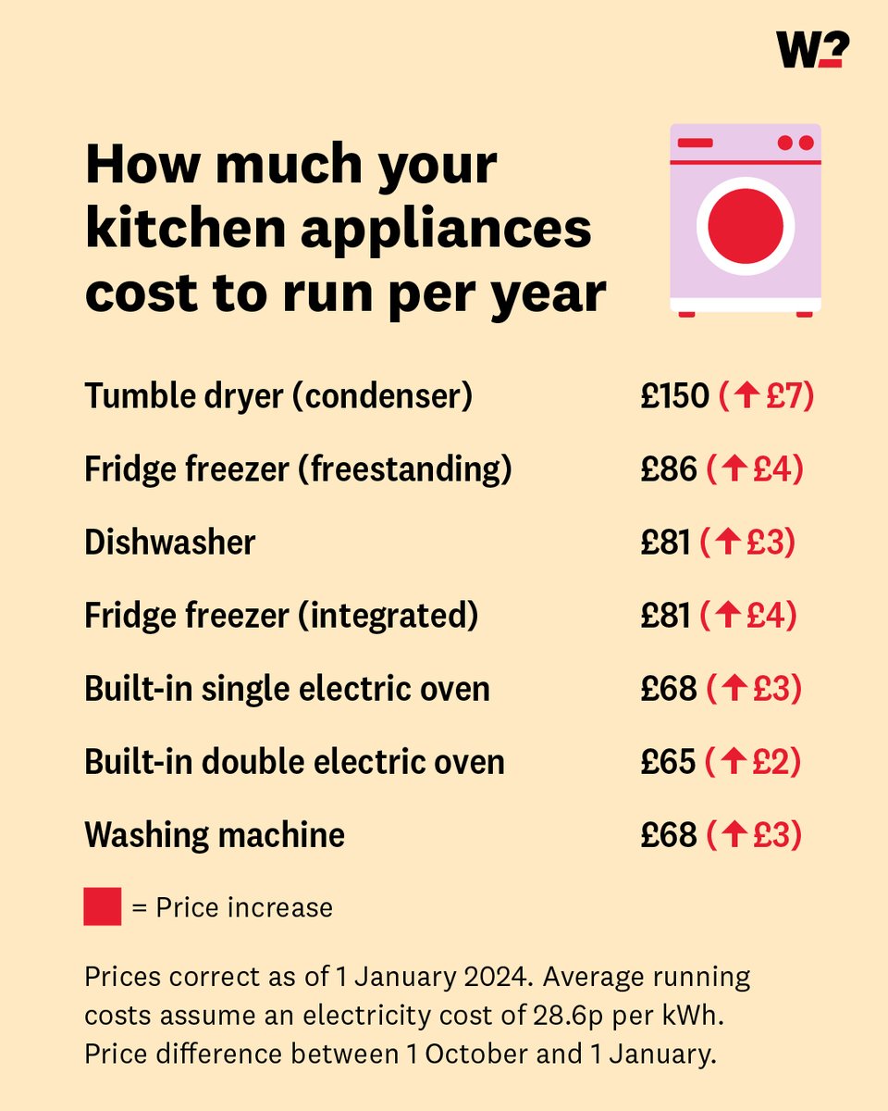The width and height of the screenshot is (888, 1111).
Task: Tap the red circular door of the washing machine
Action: point(746,226)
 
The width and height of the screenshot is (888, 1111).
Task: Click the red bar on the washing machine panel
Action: point(696,143)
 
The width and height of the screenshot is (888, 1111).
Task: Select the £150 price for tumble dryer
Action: point(675,396)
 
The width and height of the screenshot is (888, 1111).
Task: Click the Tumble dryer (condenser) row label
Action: point(278,396)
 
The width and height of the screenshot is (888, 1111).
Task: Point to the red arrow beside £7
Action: point(747,397)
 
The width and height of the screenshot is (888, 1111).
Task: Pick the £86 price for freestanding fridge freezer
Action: point(668,469)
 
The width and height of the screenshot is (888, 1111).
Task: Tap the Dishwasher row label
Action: point(169,543)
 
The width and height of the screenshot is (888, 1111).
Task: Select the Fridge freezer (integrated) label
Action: point(281,616)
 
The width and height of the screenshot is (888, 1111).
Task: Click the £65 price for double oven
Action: point(668,762)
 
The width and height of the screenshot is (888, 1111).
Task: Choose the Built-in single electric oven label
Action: point(287,689)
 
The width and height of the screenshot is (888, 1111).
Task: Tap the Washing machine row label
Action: point(215,835)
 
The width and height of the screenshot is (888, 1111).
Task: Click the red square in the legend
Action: point(103,906)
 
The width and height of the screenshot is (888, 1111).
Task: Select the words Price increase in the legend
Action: point(244,907)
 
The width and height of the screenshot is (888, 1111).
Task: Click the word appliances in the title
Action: point(462,228)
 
